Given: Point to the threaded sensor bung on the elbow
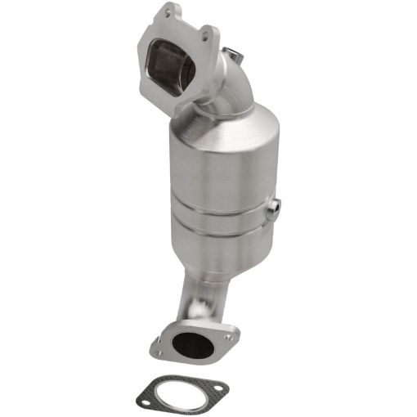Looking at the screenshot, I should pyautogui.click(x=235, y=55).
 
